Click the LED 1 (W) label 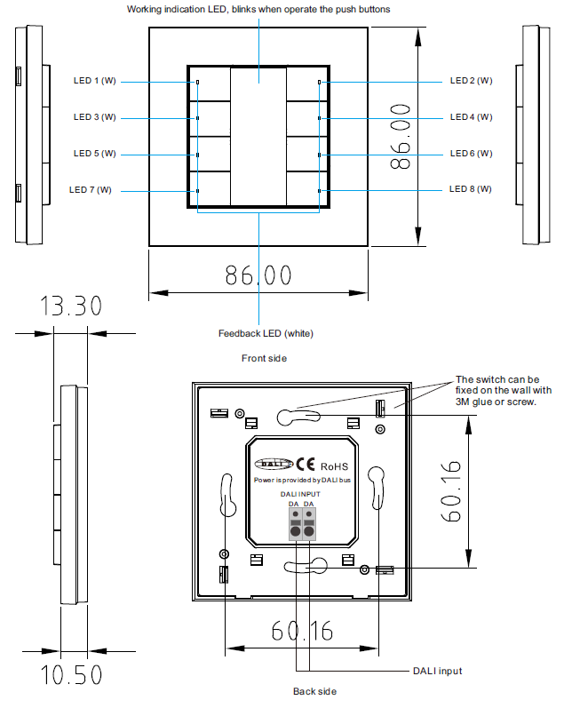(95, 81)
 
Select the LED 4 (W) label (471, 117)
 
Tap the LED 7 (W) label (91, 190)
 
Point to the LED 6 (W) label (471, 154)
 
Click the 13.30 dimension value (71, 306)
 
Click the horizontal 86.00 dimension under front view (258, 275)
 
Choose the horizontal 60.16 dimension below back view (302, 631)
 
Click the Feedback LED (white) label (266, 334)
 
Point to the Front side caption (264, 358)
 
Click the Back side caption (314, 691)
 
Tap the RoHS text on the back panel (334, 465)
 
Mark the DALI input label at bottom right (437, 672)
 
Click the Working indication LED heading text (258, 9)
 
